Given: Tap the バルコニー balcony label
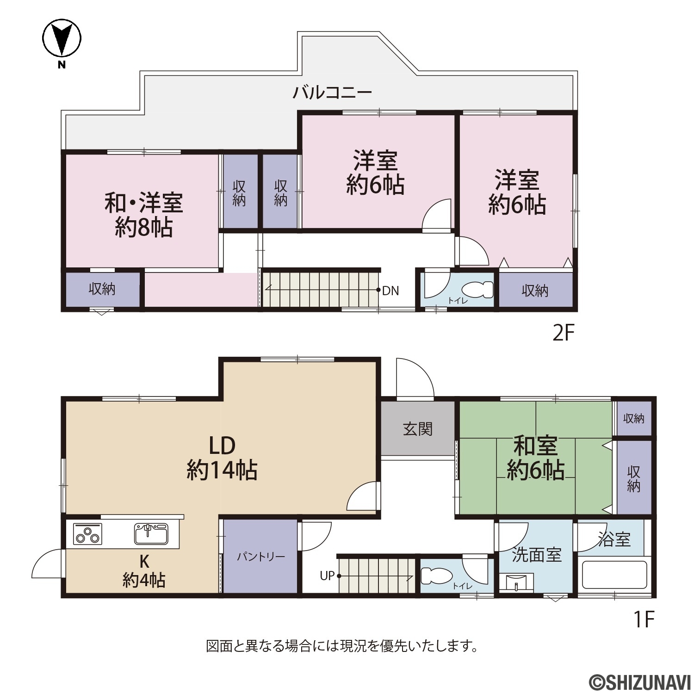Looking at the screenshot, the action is click(332, 93).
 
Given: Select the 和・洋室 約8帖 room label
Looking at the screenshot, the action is click(143, 215).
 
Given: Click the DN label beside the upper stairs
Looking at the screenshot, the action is click(390, 291).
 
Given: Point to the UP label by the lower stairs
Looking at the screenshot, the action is click(327, 576).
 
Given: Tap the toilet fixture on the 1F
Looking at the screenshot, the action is click(436, 576).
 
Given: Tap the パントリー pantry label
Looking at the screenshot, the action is click(261, 557).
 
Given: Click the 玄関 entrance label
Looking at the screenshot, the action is click(418, 429).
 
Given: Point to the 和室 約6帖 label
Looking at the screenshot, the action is click(536, 458).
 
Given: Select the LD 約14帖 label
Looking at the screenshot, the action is click(222, 458).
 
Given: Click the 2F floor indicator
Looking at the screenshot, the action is click(564, 333).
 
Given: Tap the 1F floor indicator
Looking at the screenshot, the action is click(644, 619).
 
